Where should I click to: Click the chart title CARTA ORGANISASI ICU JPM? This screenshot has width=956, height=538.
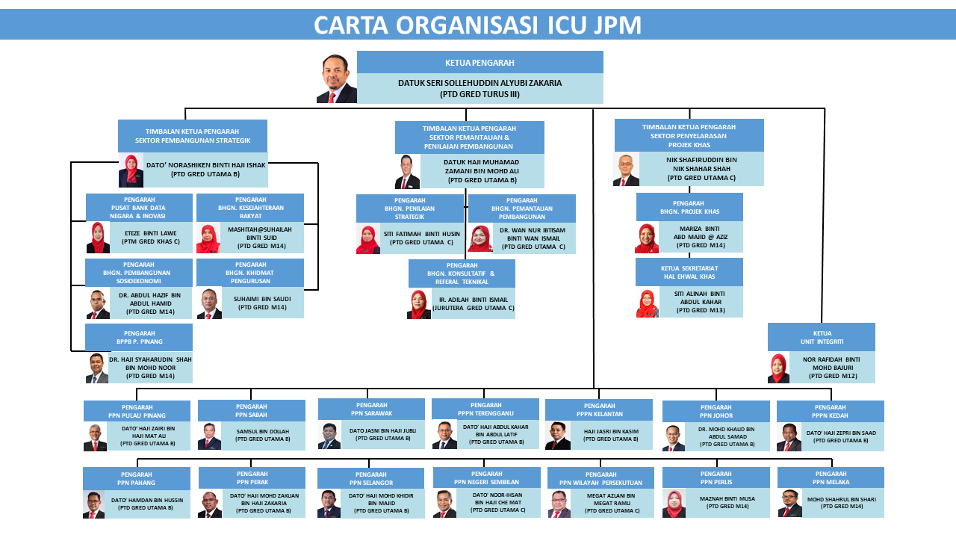477,25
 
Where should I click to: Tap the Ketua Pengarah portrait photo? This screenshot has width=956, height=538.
336,78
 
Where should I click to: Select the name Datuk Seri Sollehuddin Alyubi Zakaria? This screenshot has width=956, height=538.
479,83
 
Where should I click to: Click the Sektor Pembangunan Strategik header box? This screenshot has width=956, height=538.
193,136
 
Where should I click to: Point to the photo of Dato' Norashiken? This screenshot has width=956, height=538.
131,171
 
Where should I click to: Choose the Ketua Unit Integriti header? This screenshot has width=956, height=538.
822,337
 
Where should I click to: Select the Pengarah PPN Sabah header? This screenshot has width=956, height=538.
252,410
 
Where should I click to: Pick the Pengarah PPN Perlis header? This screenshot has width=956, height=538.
716,477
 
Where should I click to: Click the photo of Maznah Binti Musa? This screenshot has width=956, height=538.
674,504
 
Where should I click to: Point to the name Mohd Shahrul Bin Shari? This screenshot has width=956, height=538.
841,499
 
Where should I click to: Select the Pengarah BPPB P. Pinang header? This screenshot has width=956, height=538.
139,337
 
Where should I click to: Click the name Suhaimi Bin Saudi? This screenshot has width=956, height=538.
262,298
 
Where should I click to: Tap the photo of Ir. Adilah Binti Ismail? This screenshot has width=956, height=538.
419,305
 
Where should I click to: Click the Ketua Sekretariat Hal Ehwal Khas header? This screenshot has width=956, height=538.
689,272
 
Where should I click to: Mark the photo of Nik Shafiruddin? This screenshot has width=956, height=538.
626,170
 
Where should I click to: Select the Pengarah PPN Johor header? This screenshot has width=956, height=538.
716,411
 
